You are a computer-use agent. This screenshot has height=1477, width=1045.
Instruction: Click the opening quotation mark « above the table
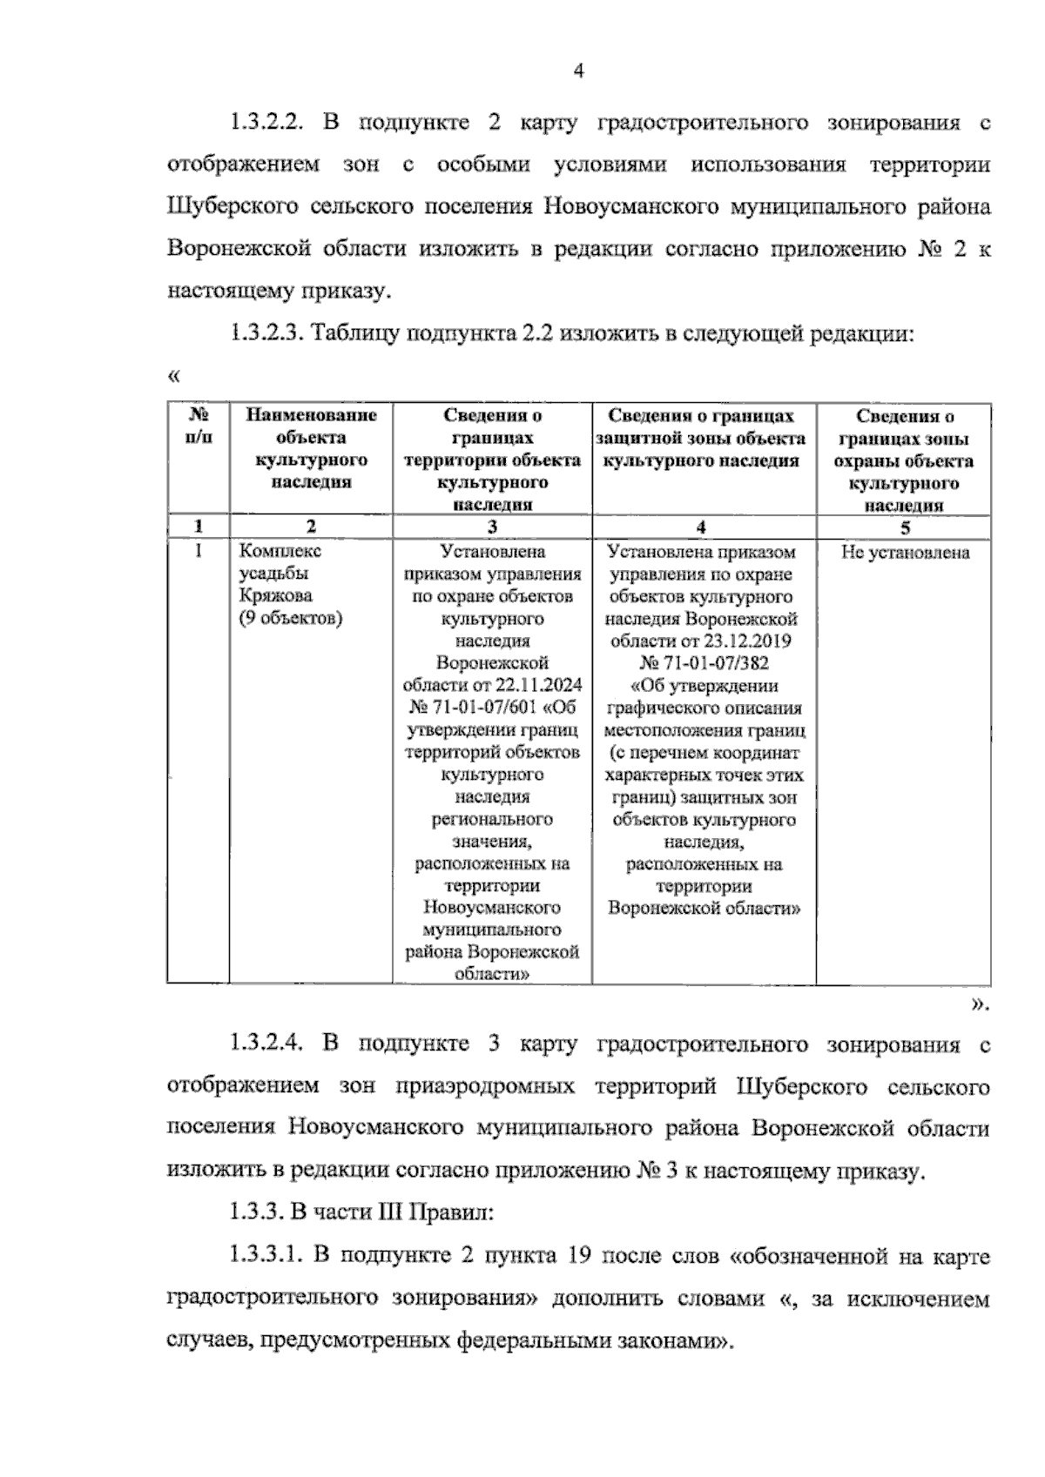(172, 377)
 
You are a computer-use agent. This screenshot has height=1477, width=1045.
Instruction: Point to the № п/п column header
(199, 426)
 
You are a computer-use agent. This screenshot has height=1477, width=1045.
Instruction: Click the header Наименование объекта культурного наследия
(311, 448)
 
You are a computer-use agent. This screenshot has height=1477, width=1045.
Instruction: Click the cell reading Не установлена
(904, 553)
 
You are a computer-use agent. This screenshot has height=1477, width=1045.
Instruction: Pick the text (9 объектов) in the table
(290, 619)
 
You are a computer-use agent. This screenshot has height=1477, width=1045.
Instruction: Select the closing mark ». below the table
(980, 1005)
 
